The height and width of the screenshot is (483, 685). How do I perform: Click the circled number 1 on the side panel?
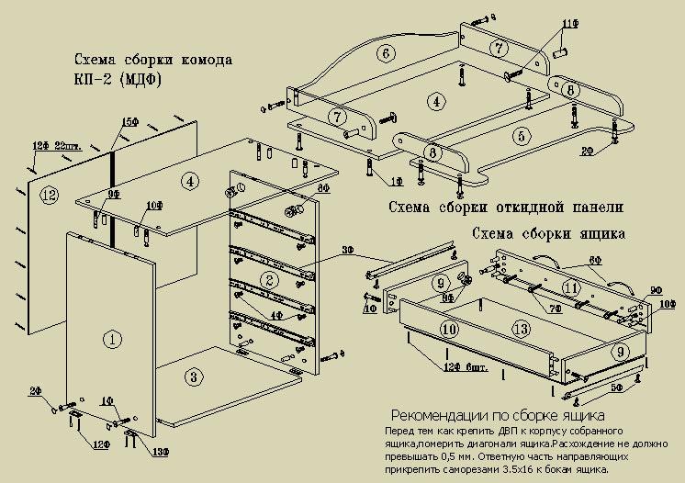point(112,340)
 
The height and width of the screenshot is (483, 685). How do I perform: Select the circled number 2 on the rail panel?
point(269,279)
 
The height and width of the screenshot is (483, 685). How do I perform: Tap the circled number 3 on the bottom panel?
point(192,376)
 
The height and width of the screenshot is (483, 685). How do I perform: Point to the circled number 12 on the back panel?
point(49,195)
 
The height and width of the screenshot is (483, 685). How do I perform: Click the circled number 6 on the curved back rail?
point(386,52)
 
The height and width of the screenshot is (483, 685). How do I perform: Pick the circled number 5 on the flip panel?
point(522,136)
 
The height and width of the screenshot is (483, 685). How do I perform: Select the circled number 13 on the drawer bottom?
point(520,329)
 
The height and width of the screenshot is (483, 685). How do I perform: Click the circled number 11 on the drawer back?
point(571,288)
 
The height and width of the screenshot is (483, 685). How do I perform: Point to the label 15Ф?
point(129,122)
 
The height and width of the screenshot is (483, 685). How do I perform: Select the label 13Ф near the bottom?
point(162,451)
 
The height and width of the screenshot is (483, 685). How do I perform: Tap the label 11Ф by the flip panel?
point(569,22)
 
